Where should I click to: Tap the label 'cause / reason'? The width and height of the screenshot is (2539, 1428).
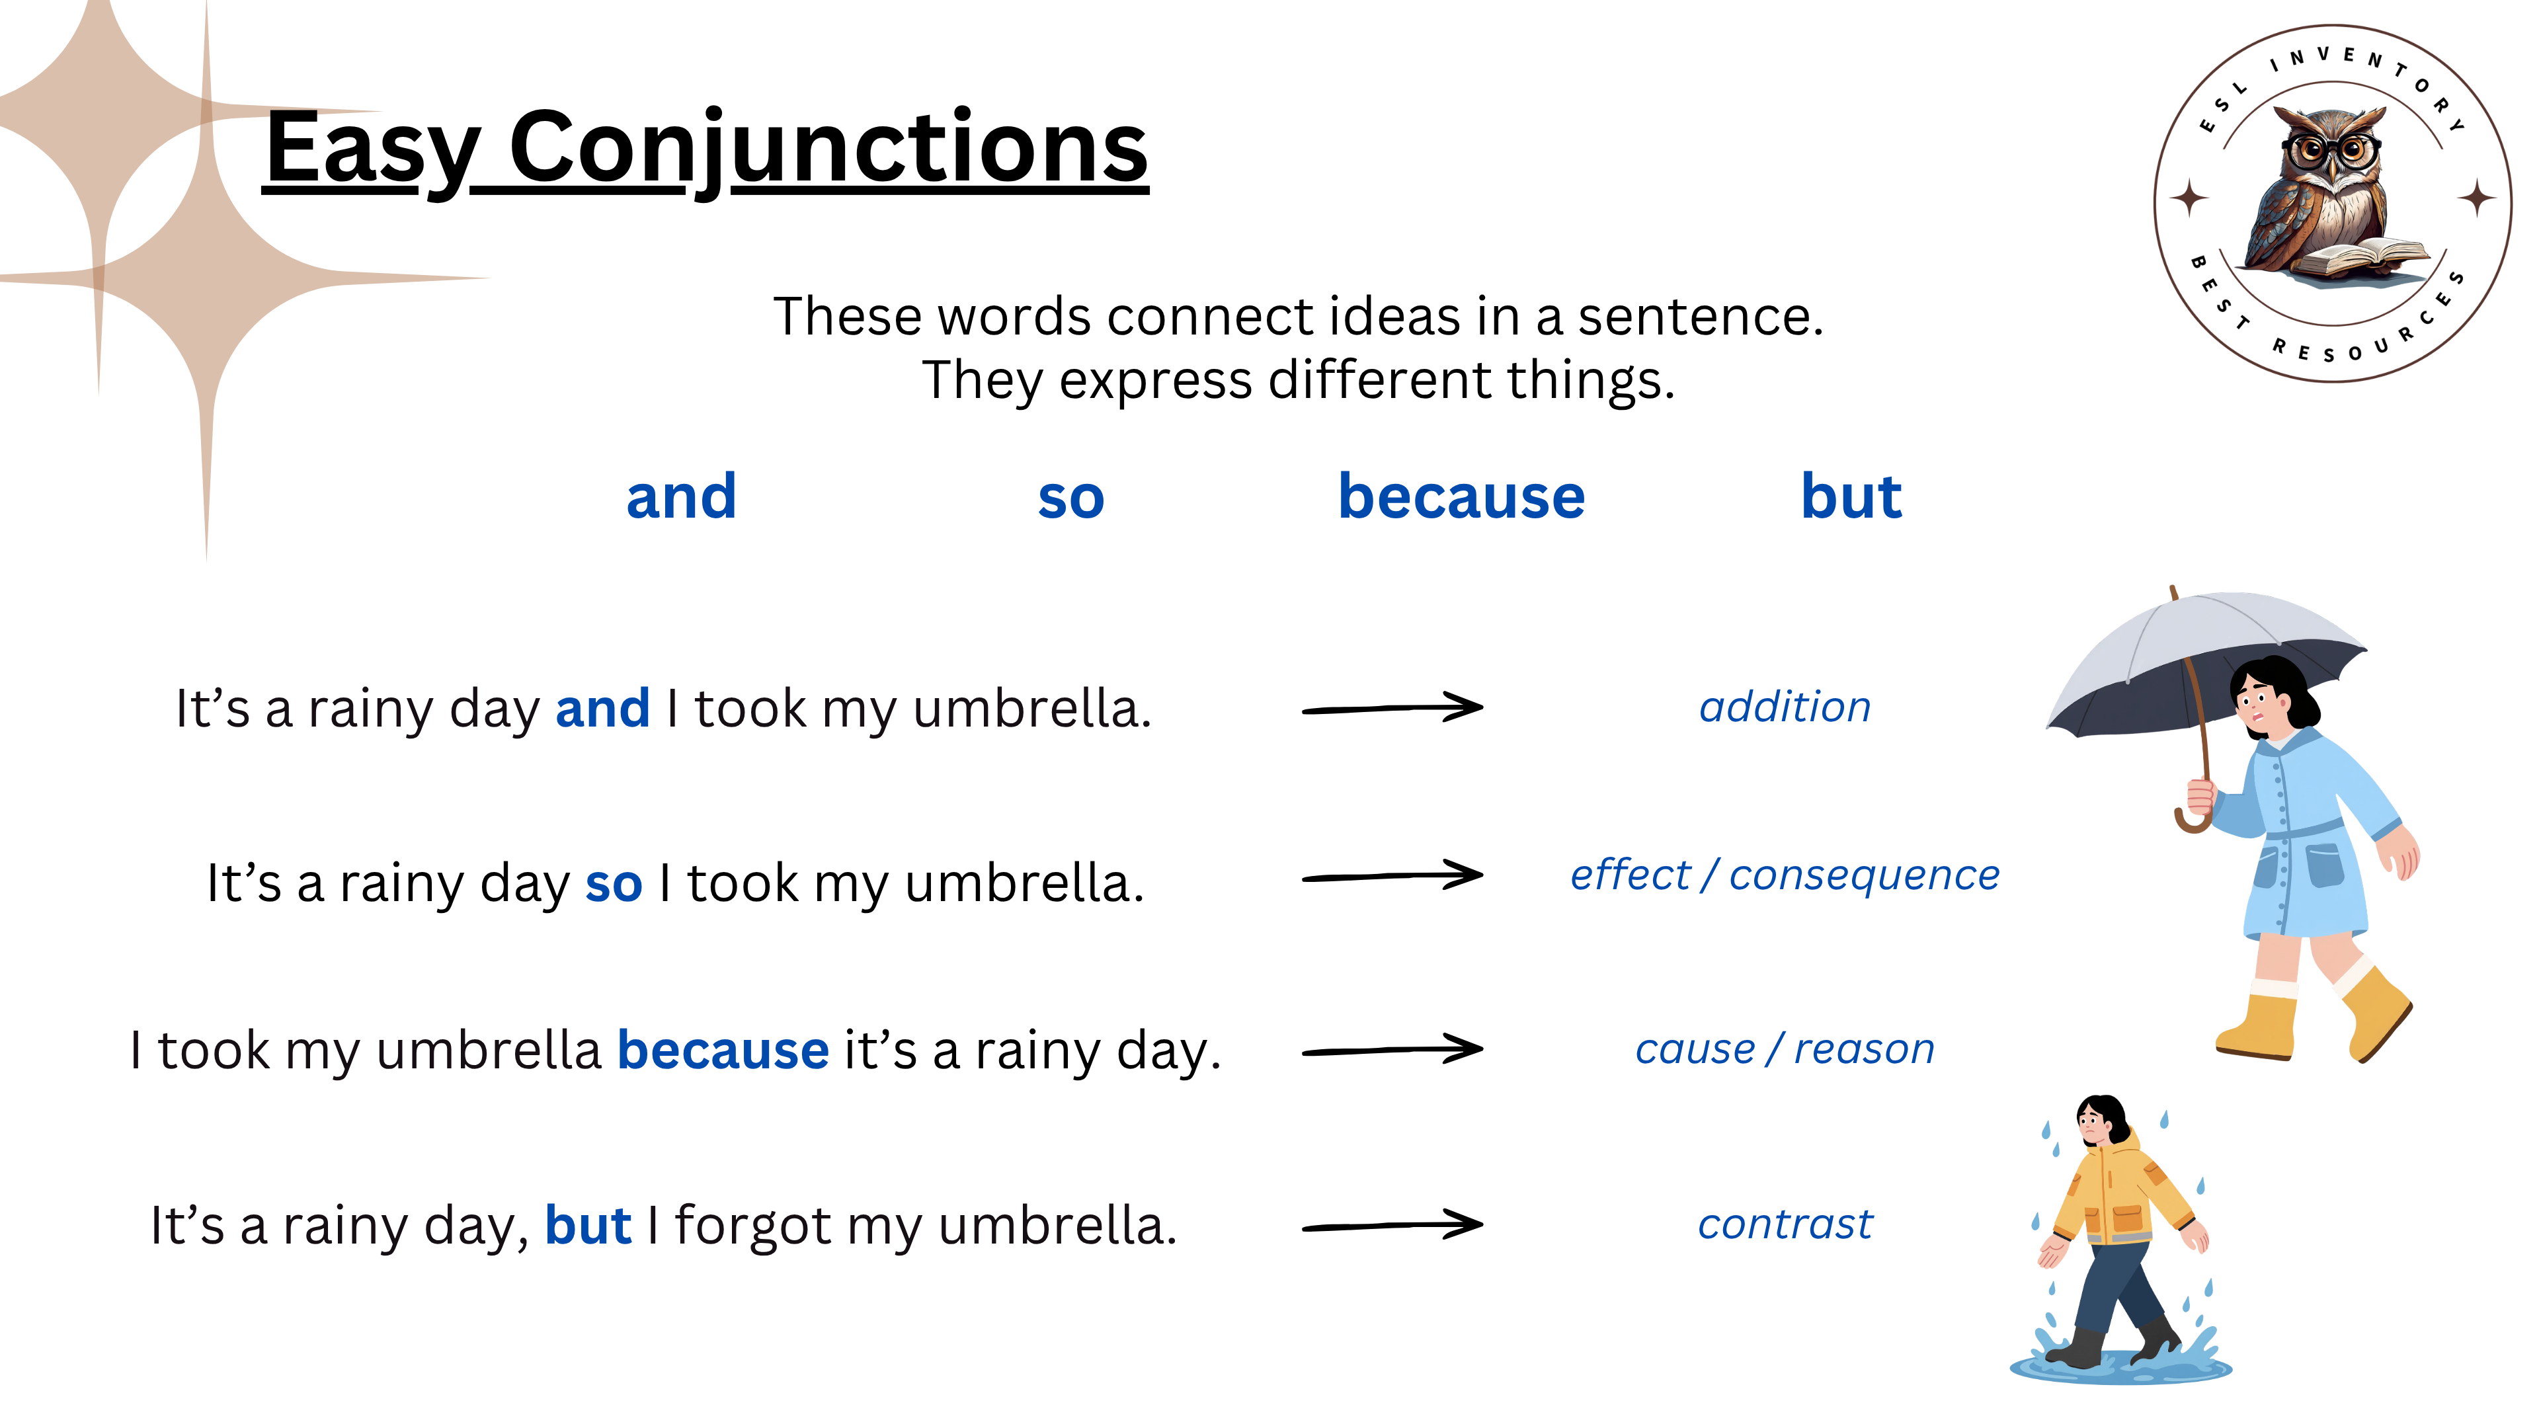1784,1049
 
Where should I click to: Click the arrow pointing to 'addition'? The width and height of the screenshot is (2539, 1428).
1392,707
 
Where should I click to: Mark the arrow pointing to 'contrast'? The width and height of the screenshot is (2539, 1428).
1392,1225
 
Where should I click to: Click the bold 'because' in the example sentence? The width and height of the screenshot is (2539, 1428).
723,1050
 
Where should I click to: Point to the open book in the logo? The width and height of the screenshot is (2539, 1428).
2366,258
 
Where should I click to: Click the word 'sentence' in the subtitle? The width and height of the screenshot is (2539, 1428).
1700,317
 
